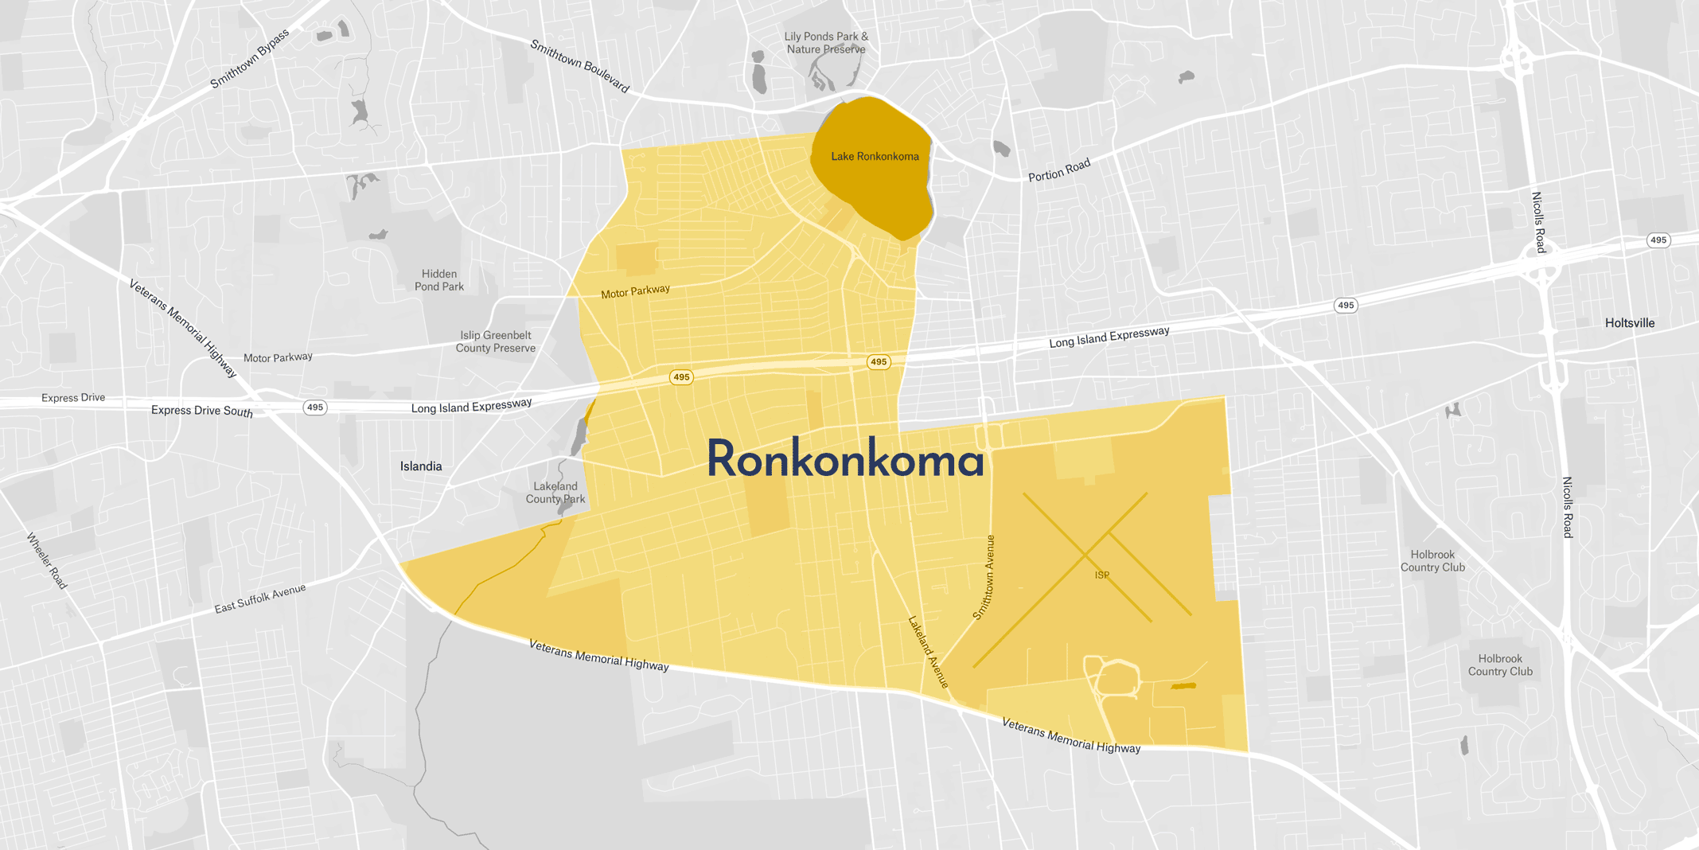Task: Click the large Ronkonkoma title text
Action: (845, 460)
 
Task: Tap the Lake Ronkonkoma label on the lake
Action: (875, 157)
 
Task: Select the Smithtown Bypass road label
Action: (249, 59)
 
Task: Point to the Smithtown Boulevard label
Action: (580, 66)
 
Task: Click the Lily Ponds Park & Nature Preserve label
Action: (826, 43)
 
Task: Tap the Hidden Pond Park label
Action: (439, 280)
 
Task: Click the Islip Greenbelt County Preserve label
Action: (495, 341)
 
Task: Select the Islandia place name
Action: (421, 466)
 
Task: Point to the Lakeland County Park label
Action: (555, 493)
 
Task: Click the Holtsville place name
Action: (1630, 323)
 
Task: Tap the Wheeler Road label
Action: (48, 561)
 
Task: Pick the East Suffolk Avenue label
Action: (259, 599)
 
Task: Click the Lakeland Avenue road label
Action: (929, 651)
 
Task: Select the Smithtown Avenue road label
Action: (984, 578)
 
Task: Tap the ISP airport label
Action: (1102, 575)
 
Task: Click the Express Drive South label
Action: (202, 411)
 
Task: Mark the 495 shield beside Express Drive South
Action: (315, 407)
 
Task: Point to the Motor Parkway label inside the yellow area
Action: (635, 292)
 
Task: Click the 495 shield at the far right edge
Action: (1658, 240)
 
